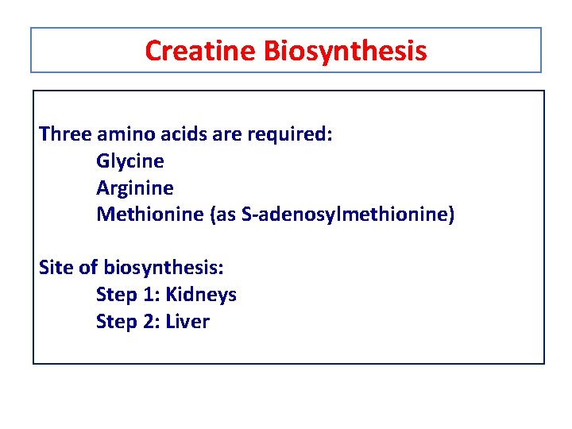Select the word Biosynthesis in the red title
coord(345,51)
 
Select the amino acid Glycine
coord(130,161)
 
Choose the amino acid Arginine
coord(134,188)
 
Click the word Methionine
coord(149,214)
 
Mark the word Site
coord(55,267)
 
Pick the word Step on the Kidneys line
coord(115,295)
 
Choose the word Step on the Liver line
coord(115,322)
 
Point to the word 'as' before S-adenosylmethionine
coord(225,214)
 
